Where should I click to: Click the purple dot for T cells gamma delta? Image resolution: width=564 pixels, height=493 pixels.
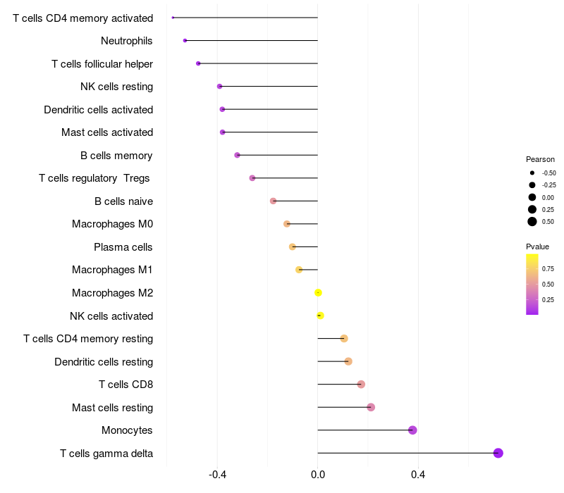point(498,453)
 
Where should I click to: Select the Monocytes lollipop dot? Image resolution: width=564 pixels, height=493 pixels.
point(412,430)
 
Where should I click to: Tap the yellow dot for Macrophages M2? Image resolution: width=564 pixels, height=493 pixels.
point(318,293)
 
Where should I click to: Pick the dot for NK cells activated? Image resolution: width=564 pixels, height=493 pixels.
point(320,316)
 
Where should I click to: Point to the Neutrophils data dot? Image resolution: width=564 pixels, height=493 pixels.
point(185,41)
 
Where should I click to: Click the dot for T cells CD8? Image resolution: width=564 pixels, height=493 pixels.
point(361,385)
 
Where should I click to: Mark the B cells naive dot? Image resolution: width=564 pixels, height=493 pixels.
point(273,201)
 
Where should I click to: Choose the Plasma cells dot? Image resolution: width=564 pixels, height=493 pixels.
point(293,247)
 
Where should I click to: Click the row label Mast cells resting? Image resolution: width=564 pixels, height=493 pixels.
point(112,408)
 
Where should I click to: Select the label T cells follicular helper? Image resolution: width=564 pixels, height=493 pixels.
point(102,64)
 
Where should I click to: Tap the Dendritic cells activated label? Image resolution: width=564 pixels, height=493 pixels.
point(98,110)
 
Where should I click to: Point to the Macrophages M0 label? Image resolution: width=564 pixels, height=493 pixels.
point(112,224)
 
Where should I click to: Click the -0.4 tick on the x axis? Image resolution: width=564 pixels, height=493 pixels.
point(217,475)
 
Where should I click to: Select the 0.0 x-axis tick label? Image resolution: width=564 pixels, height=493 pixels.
point(318,475)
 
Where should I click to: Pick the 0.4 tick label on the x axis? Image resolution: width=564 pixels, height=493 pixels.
point(418,475)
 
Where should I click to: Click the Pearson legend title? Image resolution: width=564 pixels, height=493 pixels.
point(540,159)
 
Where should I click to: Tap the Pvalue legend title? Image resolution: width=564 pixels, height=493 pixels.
point(537,247)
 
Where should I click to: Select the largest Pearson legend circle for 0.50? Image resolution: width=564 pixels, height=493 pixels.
point(532,222)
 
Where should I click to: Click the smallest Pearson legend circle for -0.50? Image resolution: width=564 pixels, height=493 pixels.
point(532,173)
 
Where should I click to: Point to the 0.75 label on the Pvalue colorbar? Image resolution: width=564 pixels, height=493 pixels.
point(548,269)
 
